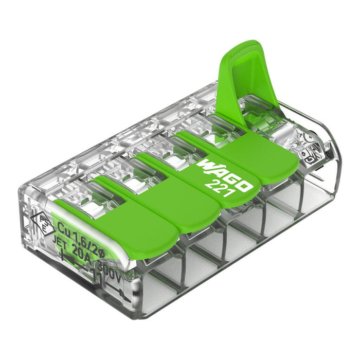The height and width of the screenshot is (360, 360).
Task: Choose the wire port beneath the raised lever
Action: point(303,198)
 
